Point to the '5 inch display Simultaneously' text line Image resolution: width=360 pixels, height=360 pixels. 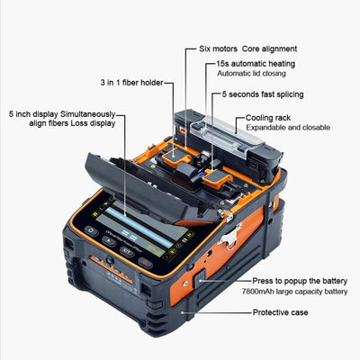click(60, 113)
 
